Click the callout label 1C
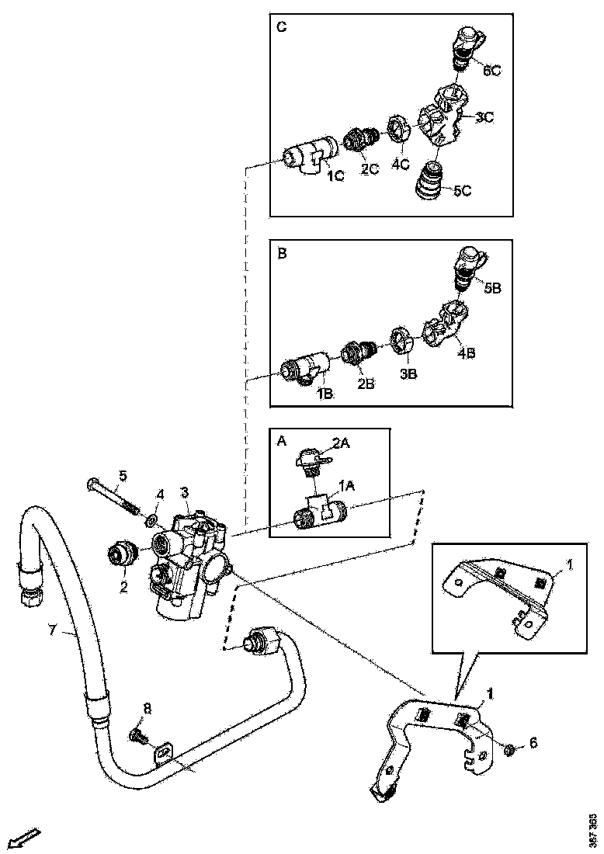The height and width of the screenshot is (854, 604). tap(335, 177)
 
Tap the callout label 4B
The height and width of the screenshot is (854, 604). tap(466, 352)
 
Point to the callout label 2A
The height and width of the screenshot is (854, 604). tap(342, 443)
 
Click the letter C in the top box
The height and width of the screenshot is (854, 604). tap(282, 27)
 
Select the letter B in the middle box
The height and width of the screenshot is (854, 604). tap(282, 253)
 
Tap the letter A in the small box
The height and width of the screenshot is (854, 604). tap(283, 441)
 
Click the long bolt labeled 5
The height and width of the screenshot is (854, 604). tap(112, 498)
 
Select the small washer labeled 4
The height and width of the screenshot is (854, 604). tap(153, 517)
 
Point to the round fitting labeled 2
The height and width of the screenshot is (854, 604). tap(122, 554)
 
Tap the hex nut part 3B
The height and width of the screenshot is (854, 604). tap(401, 342)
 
